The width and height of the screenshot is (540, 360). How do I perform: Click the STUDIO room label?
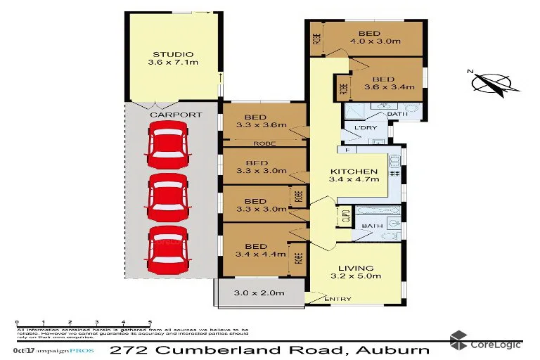click(x=173, y=54)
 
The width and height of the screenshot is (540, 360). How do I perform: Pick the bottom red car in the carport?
click(x=169, y=250)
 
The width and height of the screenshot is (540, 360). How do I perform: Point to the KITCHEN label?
click(x=354, y=172)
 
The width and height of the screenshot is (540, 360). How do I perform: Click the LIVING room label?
click(x=355, y=267)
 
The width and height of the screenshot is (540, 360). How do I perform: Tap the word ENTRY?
click(x=337, y=300)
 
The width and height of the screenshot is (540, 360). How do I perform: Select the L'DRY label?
click(x=366, y=128)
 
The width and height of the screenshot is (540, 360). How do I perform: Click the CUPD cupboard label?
click(x=345, y=217)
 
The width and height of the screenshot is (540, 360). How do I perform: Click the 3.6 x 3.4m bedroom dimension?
click(x=388, y=88)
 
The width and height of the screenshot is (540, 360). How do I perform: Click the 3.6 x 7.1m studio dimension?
click(x=173, y=63)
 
